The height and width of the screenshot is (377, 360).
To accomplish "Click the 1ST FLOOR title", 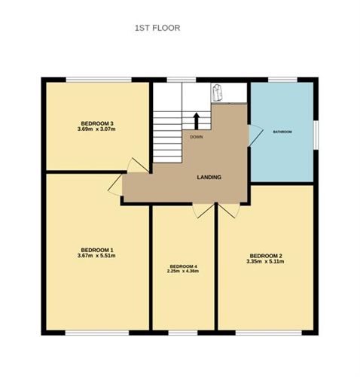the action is pyautogui.click(x=157, y=28).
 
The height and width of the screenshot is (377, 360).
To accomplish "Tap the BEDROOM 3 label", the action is pyautogui.click(x=97, y=123).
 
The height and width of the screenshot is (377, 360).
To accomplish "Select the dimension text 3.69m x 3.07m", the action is pyautogui.click(x=96, y=129).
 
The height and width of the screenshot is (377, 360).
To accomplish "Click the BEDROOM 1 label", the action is pyautogui.click(x=97, y=250).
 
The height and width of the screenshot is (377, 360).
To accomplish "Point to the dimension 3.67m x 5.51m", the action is pyautogui.click(x=96, y=256).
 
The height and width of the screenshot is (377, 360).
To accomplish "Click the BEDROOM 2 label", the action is pyautogui.click(x=266, y=256).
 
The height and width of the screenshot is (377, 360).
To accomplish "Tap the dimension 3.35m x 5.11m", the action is pyautogui.click(x=265, y=262).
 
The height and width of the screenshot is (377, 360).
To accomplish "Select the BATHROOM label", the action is pyautogui.click(x=282, y=132).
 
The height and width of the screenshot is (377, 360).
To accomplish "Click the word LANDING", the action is pyautogui.click(x=209, y=177).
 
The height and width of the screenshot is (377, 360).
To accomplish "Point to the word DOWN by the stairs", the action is pyautogui.click(x=197, y=137).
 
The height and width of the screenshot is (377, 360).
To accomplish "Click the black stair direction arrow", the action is pyautogui.click(x=197, y=121).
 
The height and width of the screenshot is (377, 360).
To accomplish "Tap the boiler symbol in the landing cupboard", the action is pyautogui.click(x=216, y=92).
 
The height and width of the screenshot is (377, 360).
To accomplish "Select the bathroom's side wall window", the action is pyautogui.click(x=316, y=135).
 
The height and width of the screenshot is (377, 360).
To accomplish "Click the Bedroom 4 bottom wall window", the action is pyautogui.click(x=183, y=333).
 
